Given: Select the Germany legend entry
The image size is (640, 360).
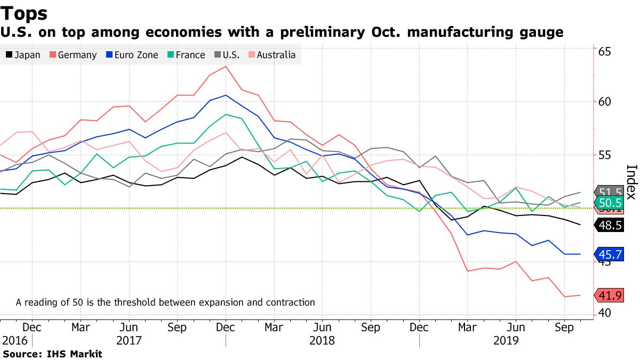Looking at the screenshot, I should point(73,54).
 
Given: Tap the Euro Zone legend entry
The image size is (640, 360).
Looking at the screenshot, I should point(132,54).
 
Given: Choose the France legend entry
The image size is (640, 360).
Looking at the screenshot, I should point(186,54).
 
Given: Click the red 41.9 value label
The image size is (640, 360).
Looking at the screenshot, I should point(610,295).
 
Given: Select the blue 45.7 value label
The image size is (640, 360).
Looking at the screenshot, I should point(610,255).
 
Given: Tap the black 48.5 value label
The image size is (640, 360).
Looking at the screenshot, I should point(610,226).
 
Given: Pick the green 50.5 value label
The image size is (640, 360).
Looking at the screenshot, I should point(610,203).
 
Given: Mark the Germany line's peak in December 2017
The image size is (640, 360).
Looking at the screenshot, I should point(226,66).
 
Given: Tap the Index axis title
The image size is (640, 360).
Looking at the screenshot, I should point(631,181).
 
